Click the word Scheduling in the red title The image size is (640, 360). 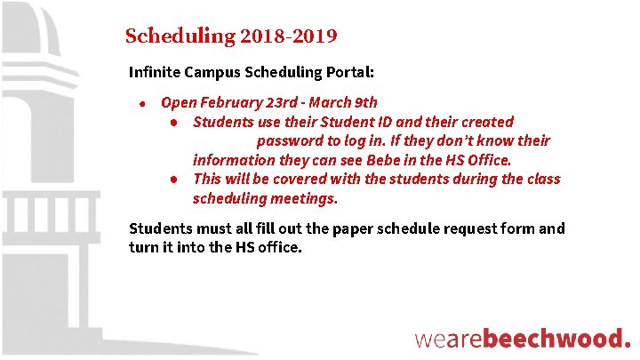(x=180, y=37)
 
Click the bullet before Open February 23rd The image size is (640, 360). (x=142, y=103)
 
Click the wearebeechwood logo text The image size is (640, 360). (x=523, y=338)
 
